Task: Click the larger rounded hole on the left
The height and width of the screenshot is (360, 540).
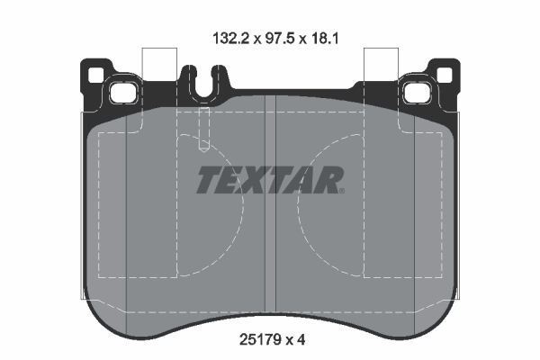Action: (119, 91)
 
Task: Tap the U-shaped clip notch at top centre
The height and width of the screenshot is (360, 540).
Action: (202, 81)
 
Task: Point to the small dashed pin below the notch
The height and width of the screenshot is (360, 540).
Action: (203, 133)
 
